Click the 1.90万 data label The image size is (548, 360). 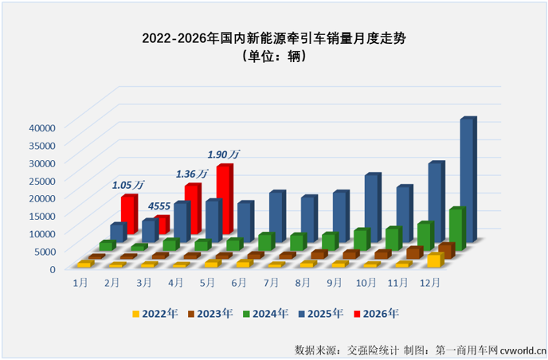(x=224, y=155)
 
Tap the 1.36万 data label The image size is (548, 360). (x=191, y=174)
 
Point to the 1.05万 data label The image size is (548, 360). (x=128, y=185)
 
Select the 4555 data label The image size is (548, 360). (x=159, y=206)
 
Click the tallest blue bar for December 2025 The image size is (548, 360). (x=468, y=180)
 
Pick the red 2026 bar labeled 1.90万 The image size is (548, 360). (x=225, y=199)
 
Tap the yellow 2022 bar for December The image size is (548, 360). (x=436, y=260)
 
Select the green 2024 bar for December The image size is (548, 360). (x=457, y=229)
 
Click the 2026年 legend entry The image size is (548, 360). (x=377, y=314)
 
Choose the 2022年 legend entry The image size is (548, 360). (x=155, y=314)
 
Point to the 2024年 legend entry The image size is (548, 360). (x=266, y=314)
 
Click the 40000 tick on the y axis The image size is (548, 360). (x=42, y=127)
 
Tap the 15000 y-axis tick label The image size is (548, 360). (x=42, y=216)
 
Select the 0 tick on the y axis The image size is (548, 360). (x=53, y=269)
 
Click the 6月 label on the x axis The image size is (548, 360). (x=239, y=283)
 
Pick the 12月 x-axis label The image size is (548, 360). (x=430, y=283)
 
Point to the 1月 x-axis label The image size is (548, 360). (x=80, y=283)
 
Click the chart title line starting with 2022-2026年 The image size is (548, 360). (x=274, y=38)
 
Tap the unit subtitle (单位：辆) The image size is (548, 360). (x=274, y=56)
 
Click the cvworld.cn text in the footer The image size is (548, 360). (x=523, y=350)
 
